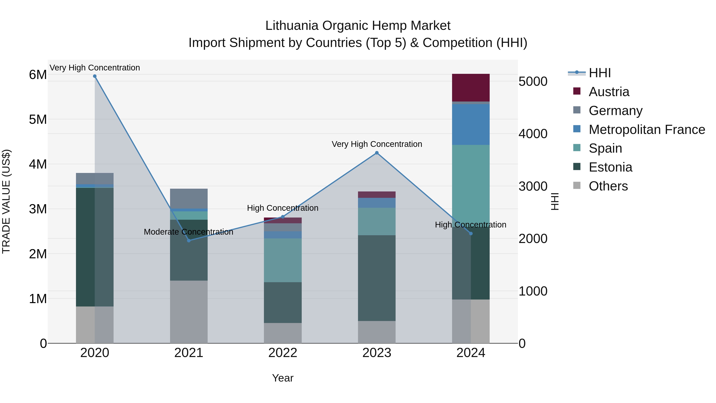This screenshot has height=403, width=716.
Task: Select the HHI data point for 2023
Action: (x=377, y=153)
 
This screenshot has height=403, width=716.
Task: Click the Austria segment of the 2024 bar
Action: (x=471, y=88)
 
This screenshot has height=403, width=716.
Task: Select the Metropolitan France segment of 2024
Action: (x=471, y=124)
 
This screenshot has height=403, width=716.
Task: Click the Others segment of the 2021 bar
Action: (x=189, y=311)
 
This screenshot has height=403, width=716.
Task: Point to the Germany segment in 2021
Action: (x=189, y=198)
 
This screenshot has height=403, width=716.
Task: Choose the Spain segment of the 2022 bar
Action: (x=283, y=260)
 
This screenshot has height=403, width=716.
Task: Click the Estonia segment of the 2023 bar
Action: (x=377, y=278)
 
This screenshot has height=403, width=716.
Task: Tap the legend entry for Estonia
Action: (x=610, y=167)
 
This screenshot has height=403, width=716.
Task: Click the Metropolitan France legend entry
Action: (x=647, y=130)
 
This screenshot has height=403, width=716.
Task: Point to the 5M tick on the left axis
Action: (x=38, y=120)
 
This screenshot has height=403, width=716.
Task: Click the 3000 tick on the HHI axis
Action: (x=533, y=186)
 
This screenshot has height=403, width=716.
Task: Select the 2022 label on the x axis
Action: (x=283, y=353)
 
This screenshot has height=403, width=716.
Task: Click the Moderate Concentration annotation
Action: (x=189, y=232)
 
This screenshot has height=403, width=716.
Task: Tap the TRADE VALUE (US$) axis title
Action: (x=6, y=201)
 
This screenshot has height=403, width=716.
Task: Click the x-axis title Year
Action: (x=283, y=378)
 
